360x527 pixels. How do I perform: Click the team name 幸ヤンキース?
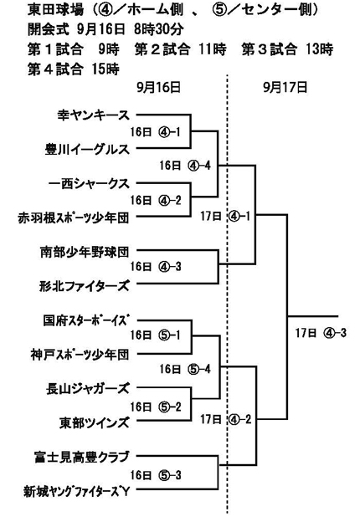(94, 115)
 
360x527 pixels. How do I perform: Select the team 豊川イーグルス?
(87, 150)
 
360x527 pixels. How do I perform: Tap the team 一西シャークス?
(89, 184)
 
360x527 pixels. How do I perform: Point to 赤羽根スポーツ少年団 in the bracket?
(74, 218)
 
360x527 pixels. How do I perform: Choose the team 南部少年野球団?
(85, 252)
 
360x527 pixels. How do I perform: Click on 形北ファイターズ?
(84, 286)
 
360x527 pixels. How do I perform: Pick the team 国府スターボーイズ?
(86, 320)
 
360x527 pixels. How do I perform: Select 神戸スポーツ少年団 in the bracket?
(80, 355)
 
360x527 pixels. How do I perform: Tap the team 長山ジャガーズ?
(88, 389)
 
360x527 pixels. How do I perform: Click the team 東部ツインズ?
(95, 422)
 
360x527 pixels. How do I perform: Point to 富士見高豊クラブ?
(82, 457)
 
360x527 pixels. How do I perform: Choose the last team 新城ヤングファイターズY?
(77, 492)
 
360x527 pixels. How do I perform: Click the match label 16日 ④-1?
(156, 132)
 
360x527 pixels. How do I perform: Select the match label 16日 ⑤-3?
(156, 475)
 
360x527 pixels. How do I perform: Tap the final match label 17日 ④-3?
(321, 333)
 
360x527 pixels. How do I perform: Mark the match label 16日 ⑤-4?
(185, 369)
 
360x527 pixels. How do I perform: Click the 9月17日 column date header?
(285, 88)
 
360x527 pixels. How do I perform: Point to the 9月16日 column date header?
(159, 88)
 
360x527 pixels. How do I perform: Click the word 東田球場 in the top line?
(55, 10)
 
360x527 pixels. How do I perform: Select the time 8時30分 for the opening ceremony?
(159, 29)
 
